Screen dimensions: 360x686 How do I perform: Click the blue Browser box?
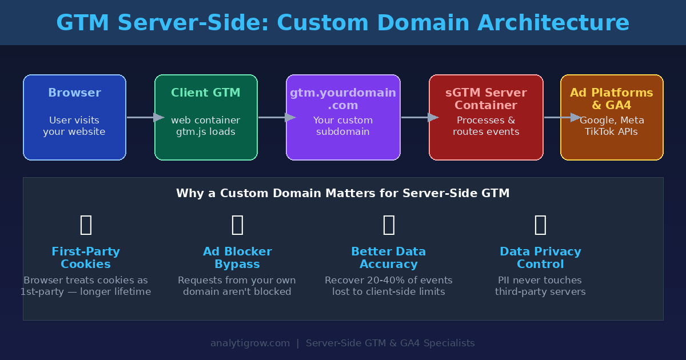(74, 117)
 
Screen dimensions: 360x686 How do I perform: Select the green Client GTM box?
(206, 117)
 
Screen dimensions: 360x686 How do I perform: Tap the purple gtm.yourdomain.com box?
(343, 117)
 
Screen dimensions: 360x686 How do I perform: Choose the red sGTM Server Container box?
(486, 117)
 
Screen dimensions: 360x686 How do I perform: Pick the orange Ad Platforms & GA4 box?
(612, 117)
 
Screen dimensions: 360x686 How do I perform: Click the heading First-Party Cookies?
(86, 258)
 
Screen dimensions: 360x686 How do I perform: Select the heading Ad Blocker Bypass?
(237, 258)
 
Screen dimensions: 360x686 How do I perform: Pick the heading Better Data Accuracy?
(389, 258)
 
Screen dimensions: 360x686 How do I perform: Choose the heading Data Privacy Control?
(540, 258)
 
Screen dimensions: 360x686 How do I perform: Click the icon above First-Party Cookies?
(86, 225)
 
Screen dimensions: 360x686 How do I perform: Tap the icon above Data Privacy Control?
(540, 225)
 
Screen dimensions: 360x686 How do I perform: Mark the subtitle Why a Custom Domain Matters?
(343, 193)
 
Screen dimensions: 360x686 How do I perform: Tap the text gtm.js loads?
(206, 132)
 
